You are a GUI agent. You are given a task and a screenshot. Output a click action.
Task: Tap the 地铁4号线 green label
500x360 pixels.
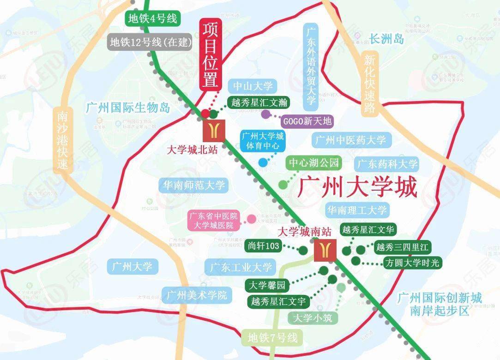152,19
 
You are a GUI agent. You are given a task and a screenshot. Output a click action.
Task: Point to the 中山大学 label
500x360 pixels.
253,86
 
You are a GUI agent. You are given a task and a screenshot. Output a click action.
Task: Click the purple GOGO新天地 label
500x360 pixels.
307,121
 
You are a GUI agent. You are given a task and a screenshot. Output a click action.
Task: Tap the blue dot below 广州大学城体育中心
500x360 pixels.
263,162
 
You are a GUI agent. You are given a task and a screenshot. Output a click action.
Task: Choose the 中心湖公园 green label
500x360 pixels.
314,163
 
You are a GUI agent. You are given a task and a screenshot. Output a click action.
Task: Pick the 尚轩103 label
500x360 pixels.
264,246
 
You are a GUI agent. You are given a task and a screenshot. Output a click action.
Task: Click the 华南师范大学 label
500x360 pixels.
193,186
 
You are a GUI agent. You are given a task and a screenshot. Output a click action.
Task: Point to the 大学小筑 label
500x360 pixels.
313,318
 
